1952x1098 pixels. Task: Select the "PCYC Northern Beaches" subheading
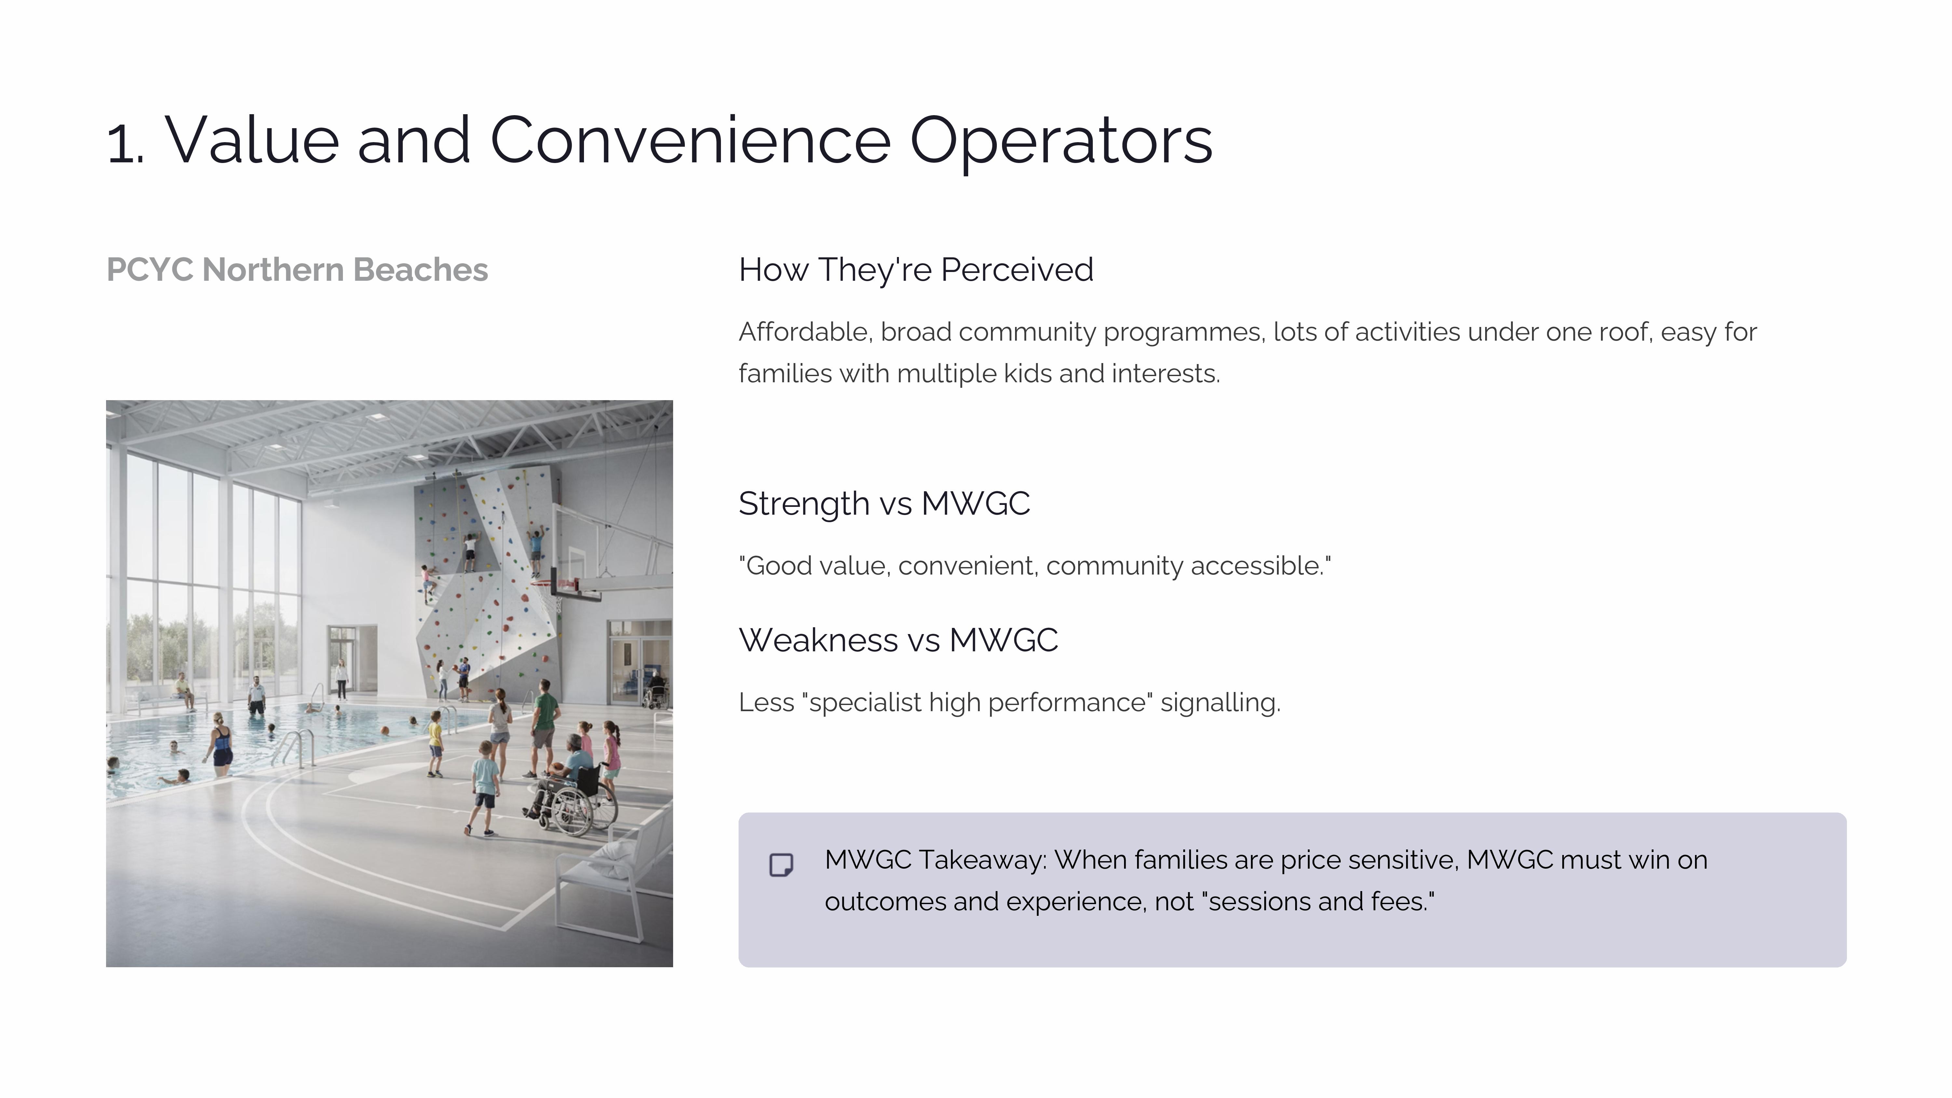tap(297, 270)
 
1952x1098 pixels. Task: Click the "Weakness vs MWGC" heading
tap(898, 640)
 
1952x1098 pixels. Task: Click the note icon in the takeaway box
tap(781, 865)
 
